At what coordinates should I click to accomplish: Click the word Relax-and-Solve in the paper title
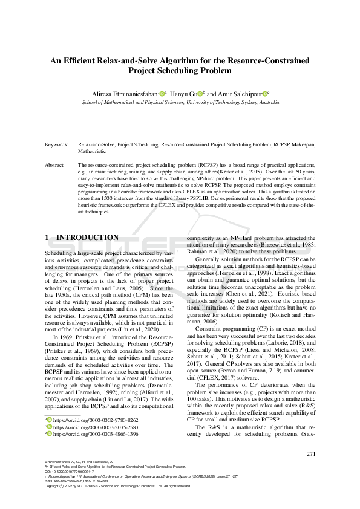[x=129, y=61]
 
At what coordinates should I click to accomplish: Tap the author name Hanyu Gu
[x=183, y=94]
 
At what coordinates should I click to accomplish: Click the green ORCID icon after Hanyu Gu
[x=200, y=94]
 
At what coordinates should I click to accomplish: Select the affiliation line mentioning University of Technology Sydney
[x=180, y=103]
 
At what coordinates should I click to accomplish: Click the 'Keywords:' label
[x=57, y=146]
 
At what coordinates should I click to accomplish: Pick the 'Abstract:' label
[x=57, y=164]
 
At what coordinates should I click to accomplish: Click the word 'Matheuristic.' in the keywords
[x=94, y=152]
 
